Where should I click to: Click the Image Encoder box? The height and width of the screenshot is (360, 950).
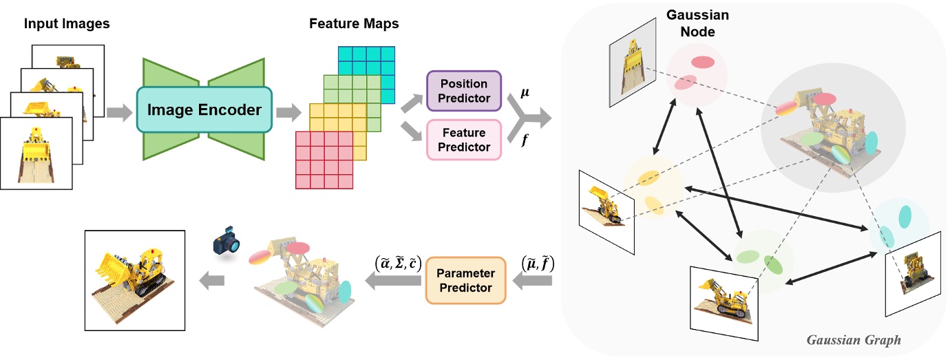[204, 109]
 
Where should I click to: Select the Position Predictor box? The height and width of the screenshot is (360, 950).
[464, 90]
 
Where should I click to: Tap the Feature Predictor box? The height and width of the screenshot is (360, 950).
[464, 139]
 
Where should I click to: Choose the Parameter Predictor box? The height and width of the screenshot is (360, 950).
[465, 279]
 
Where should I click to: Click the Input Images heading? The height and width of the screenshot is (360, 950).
[67, 24]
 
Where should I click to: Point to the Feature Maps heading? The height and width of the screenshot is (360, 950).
[354, 24]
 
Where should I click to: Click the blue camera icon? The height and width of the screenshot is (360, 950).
[228, 243]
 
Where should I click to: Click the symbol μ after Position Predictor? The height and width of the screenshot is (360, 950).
[525, 92]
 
